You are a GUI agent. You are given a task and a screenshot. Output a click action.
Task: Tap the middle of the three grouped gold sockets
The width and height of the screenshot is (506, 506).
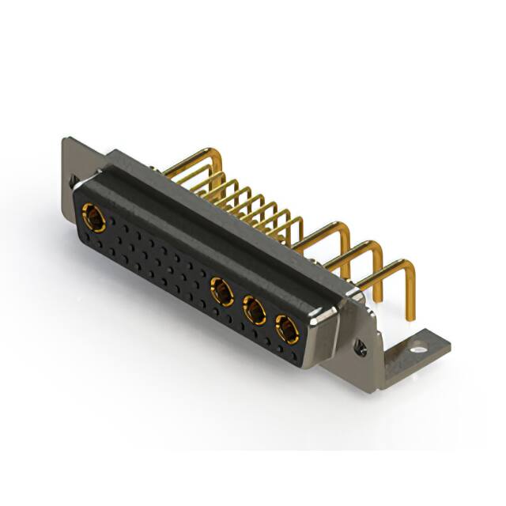[255, 311]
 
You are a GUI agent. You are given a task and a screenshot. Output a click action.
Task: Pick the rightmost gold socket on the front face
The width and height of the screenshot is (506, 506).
[286, 327]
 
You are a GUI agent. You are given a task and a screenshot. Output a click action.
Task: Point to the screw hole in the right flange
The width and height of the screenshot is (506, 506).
[361, 346]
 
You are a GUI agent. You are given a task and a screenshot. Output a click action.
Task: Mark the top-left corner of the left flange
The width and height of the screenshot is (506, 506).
[66, 142]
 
